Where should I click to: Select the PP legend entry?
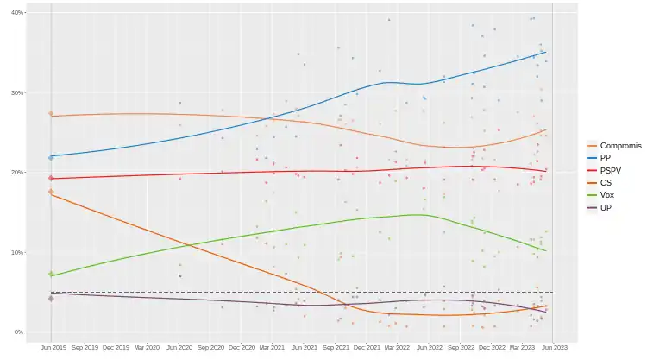pyautogui.click(x=605, y=158)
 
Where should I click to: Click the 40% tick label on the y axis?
pyautogui.click(x=18, y=13)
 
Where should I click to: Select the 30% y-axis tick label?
pyautogui.click(x=18, y=92)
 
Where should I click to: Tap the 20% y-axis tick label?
pyautogui.click(x=18, y=173)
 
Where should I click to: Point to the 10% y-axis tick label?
pyautogui.click(x=18, y=252)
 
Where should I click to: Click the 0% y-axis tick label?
pyautogui.click(x=20, y=332)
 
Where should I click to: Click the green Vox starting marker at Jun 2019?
pyautogui.click(x=52, y=275)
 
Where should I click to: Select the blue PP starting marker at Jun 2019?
pyautogui.click(x=52, y=157)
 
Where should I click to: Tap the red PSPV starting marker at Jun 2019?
pyautogui.click(x=52, y=178)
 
